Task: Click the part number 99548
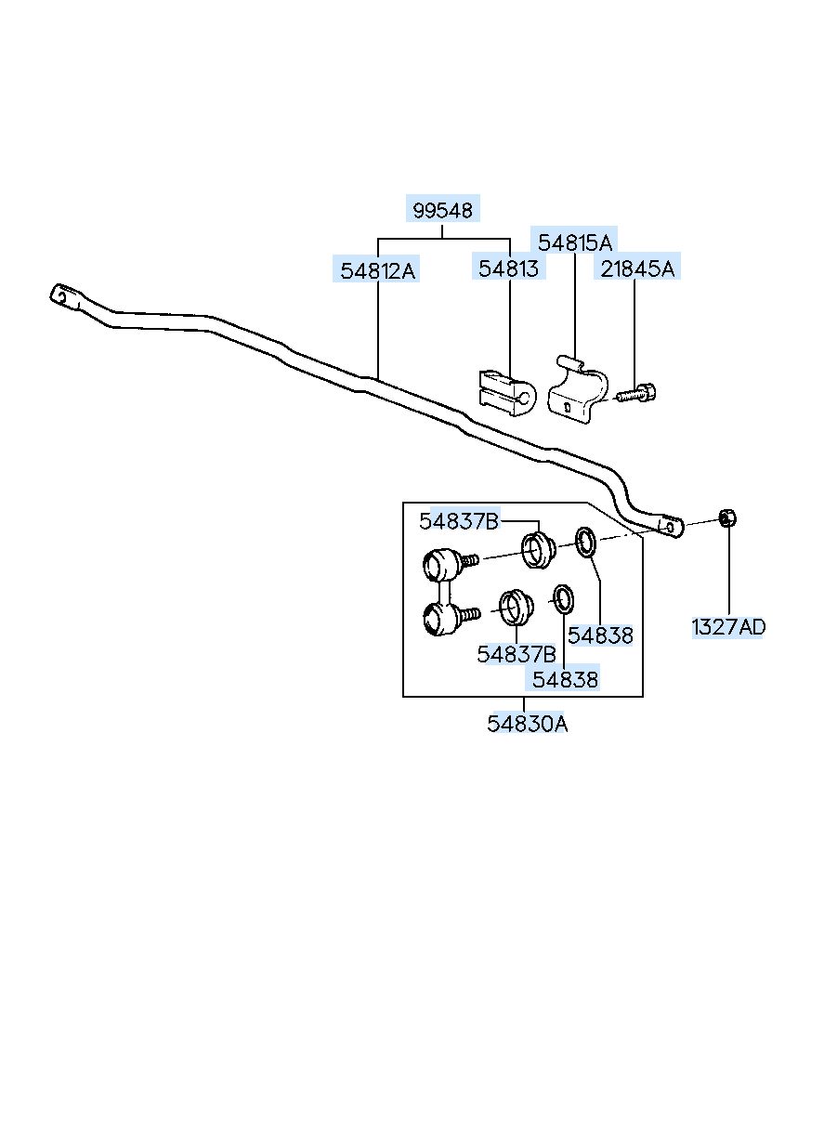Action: [x=442, y=210]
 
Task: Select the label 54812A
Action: [x=377, y=271]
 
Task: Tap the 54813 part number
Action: [x=508, y=268]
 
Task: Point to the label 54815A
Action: [x=575, y=242]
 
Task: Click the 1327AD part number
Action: [x=728, y=627]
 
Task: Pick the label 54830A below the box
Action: [x=527, y=724]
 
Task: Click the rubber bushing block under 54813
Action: [x=507, y=393]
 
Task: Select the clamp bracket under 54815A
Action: [x=578, y=389]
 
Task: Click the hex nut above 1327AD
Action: [x=727, y=517]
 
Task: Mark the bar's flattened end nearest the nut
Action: [x=671, y=526]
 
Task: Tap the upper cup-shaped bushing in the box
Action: [x=539, y=550]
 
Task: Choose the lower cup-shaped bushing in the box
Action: [x=516, y=608]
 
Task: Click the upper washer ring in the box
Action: [x=586, y=542]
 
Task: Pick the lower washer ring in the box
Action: [x=563, y=599]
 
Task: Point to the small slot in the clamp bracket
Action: [x=568, y=407]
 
